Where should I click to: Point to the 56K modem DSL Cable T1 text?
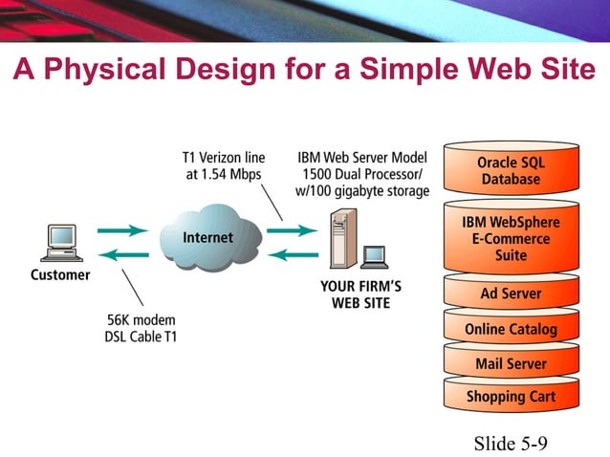click(x=142, y=327)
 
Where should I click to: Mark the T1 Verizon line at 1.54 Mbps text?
click(x=222, y=165)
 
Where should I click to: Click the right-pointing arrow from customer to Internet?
click(x=121, y=229)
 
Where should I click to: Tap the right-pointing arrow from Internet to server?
click(x=291, y=229)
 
